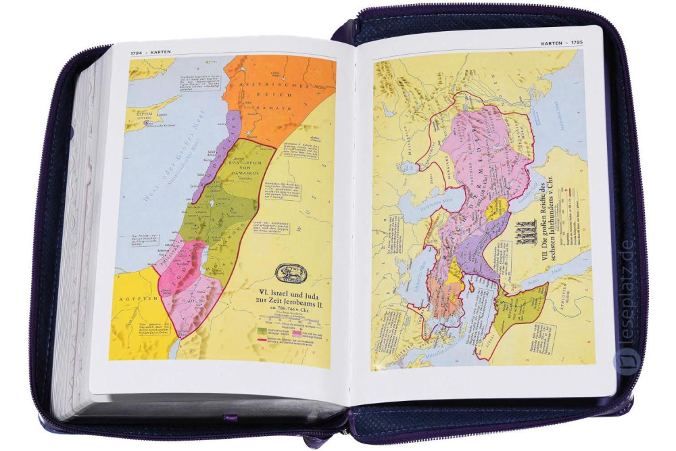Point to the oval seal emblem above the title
tap(291, 274)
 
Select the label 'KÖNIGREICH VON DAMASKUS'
tap(248, 159)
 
